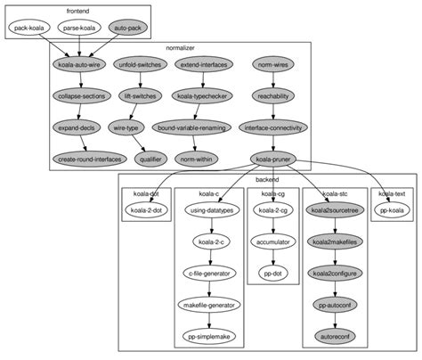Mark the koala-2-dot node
click(x=147, y=210)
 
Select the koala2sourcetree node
click(x=334, y=210)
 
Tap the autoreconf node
click(x=334, y=336)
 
